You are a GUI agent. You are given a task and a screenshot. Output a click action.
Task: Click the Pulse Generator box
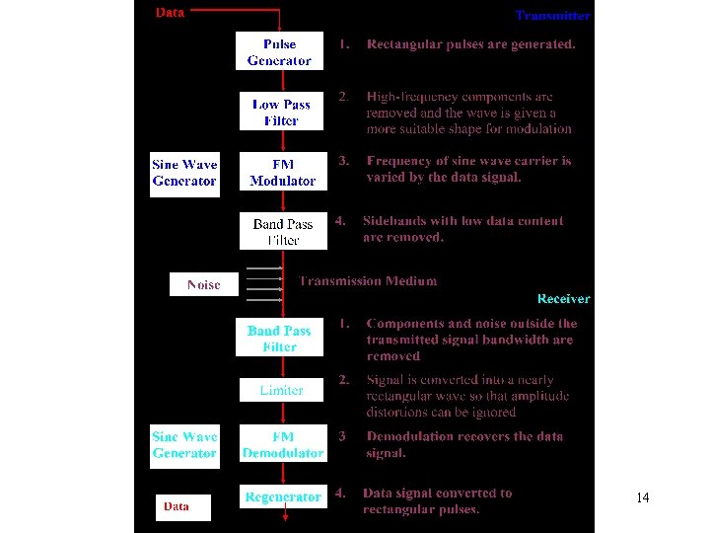point(279,52)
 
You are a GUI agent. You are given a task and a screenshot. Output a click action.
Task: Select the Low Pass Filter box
point(281,112)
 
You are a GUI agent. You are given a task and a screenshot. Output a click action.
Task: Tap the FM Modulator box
point(282,173)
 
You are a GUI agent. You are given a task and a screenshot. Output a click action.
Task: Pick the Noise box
point(203,284)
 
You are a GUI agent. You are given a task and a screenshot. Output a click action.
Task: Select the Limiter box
point(282,390)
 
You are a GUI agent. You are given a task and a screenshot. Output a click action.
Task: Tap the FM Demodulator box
point(282,445)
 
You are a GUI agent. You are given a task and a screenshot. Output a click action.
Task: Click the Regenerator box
point(283,496)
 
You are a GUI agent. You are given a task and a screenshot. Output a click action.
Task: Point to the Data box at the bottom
point(177,506)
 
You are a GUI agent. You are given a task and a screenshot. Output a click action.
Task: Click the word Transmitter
point(553,15)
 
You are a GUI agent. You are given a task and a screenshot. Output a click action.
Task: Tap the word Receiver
point(563,298)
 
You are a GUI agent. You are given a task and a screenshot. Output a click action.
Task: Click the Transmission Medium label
point(368,280)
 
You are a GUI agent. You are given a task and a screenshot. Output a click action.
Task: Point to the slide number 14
point(643,497)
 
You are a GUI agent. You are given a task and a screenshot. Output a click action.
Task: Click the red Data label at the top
point(170,13)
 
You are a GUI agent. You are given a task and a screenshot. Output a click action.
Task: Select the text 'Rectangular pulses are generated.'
point(470,44)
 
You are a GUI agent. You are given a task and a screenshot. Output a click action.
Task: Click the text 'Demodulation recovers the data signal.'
point(464,444)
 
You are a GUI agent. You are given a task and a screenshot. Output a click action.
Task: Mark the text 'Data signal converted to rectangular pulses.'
point(437,500)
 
